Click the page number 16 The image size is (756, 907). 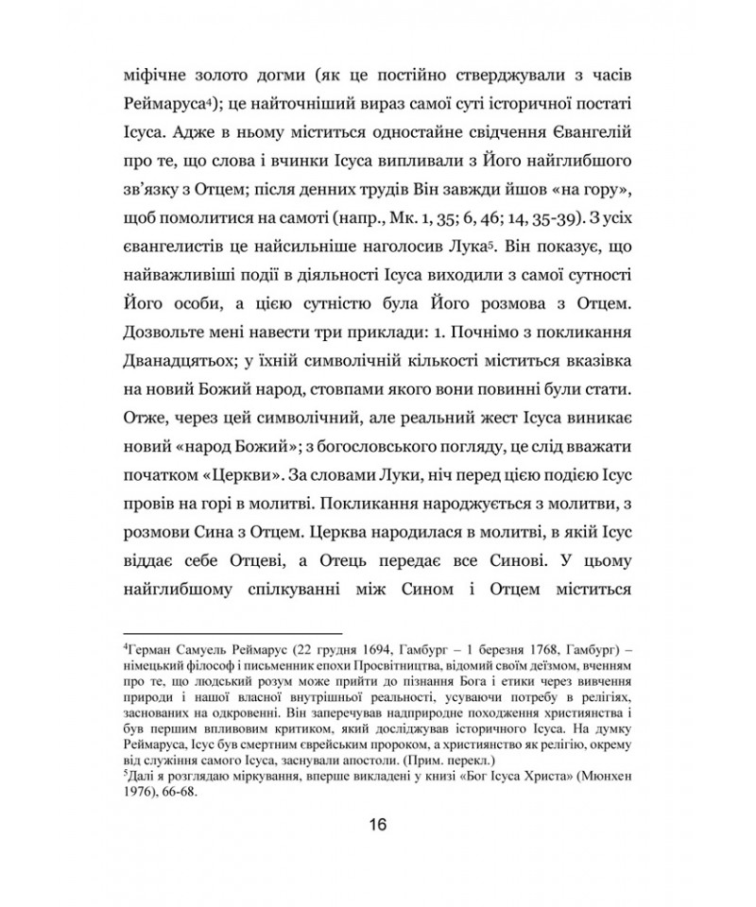(378, 824)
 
